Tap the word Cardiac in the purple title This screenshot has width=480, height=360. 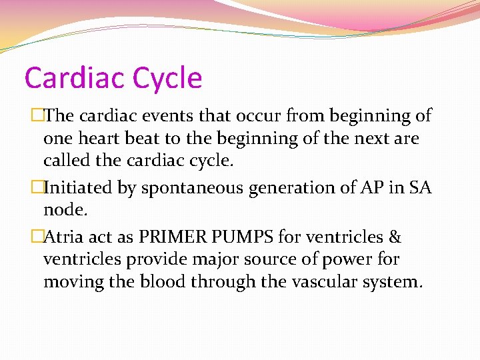tap(74, 78)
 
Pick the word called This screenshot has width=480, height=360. tap(66, 161)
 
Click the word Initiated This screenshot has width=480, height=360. tap(84, 189)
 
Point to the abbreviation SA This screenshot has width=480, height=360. tap(418, 189)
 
